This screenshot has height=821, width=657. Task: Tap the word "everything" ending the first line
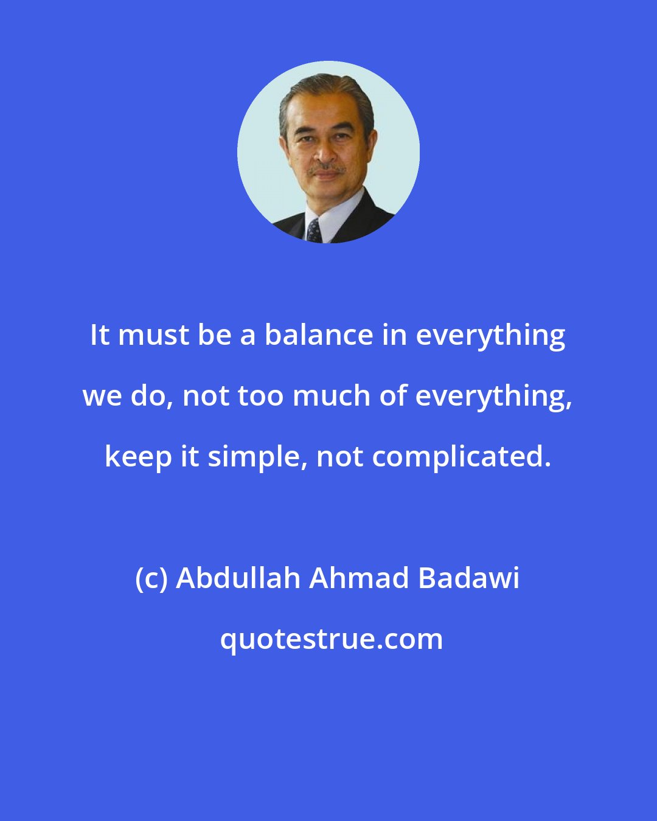[x=491, y=336]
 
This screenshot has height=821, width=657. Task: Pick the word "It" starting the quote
[x=99, y=335]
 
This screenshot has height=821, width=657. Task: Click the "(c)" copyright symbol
[x=151, y=578]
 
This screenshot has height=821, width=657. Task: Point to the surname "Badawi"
[x=468, y=578]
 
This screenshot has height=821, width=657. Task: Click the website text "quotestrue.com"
[x=332, y=639]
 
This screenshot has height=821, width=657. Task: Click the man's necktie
[x=314, y=231]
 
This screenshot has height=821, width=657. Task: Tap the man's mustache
[x=325, y=167]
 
